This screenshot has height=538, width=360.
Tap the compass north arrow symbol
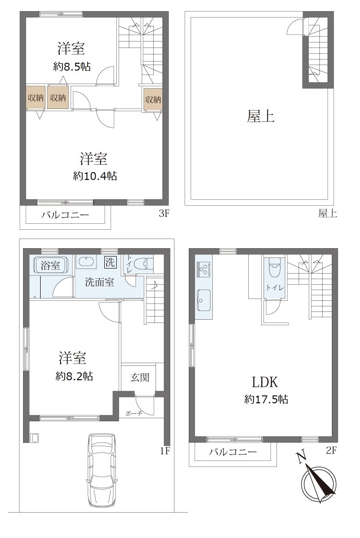318,480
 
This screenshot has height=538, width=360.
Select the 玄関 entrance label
140,377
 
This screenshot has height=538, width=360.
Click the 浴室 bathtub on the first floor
50,265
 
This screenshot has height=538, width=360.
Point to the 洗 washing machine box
110,263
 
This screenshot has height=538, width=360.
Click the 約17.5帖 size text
266,399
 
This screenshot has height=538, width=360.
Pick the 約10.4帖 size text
95,176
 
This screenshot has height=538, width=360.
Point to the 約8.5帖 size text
72,66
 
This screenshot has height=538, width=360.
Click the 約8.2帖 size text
74,376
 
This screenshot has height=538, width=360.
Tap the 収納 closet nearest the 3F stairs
153,100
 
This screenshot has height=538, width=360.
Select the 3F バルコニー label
65,215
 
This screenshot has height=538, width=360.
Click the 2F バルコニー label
233,452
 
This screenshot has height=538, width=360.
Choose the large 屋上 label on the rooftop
261,117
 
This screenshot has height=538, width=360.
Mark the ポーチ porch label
134,413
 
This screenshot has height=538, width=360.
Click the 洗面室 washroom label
100,282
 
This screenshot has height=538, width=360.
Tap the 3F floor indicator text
164,214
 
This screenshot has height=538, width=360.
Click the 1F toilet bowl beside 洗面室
144,264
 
